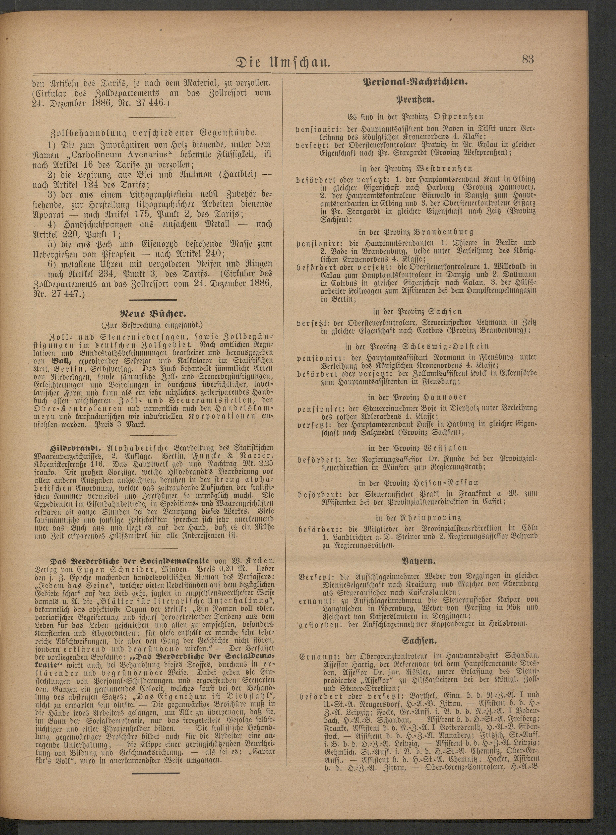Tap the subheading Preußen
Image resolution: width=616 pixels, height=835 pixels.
pos(415,100)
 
